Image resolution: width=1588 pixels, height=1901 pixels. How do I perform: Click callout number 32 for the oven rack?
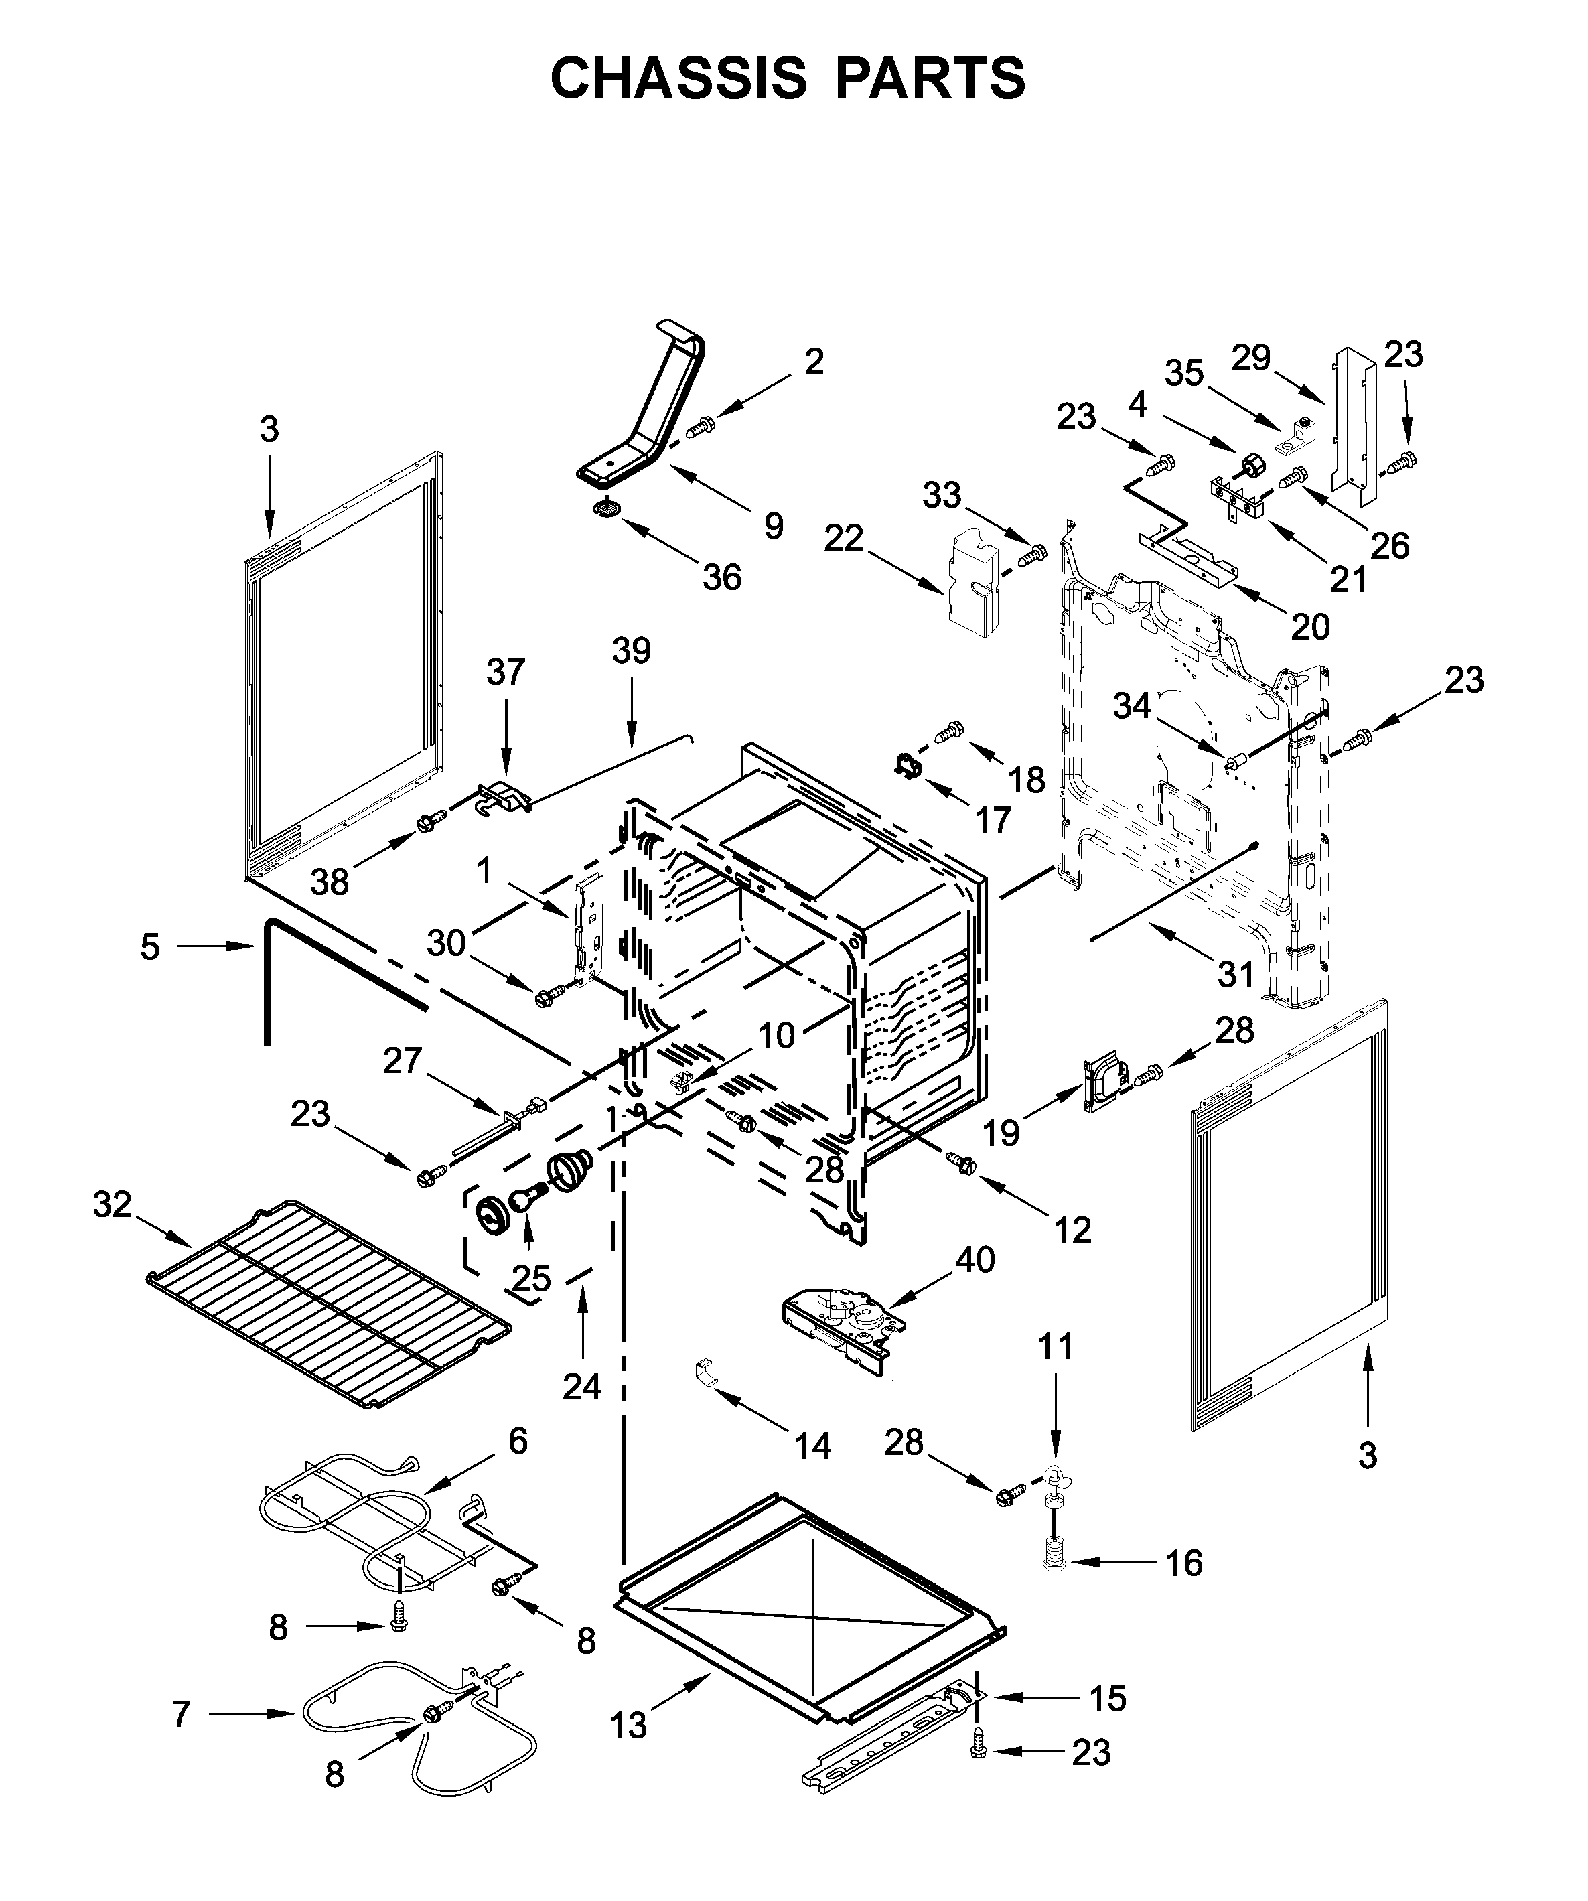(113, 1205)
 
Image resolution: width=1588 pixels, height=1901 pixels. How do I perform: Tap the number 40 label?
(975, 1259)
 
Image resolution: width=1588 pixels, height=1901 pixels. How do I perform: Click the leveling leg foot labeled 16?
(1054, 1563)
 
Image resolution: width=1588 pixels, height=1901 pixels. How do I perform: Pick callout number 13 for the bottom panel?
(628, 1726)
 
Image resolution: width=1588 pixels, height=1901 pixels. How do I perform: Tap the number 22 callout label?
(844, 539)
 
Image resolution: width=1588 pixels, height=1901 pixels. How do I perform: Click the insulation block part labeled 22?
(973, 579)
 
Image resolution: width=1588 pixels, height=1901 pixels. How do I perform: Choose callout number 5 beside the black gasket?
(150, 947)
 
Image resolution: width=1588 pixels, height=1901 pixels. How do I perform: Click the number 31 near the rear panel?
(1236, 974)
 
